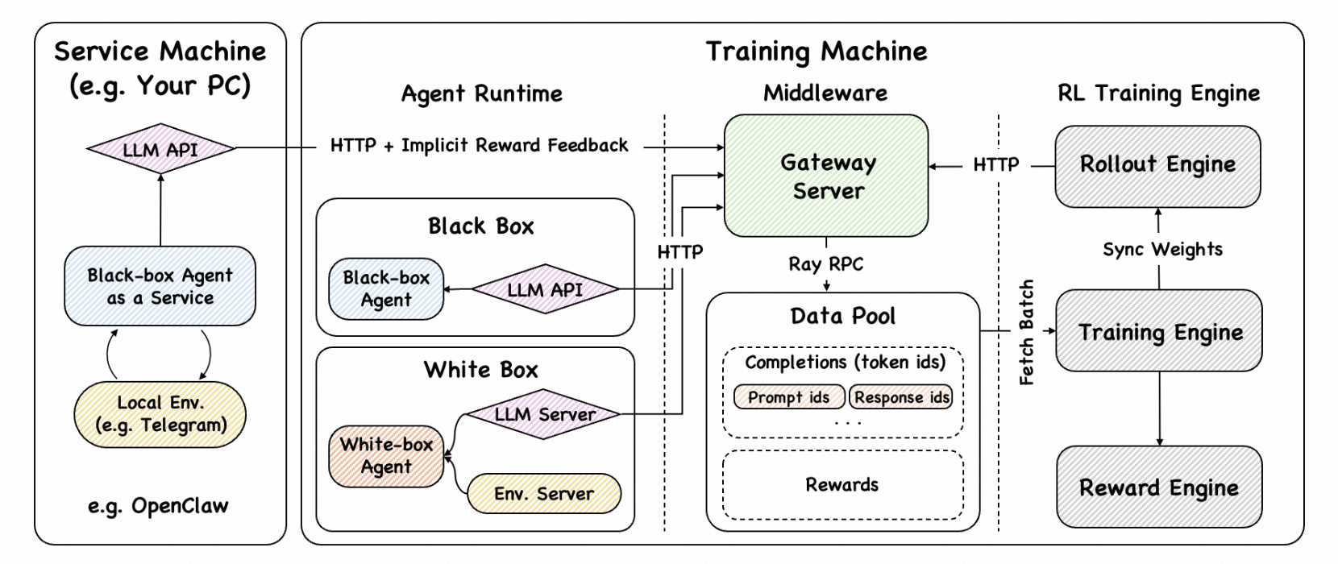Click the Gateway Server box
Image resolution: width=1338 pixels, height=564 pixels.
point(826,176)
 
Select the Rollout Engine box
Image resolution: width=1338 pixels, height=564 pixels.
point(1157,166)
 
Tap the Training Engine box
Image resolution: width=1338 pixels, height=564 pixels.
point(1159,331)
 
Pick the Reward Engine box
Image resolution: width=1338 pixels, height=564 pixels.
point(1159,487)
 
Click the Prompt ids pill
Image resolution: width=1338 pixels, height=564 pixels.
point(788,397)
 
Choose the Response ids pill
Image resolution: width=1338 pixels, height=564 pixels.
point(901,397)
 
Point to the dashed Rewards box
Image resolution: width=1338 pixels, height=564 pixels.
point(842,484)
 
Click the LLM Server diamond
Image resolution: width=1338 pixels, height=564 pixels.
point(544,414)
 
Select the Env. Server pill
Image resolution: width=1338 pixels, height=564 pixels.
point(544,493)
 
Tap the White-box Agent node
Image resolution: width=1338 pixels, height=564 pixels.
point(386,456)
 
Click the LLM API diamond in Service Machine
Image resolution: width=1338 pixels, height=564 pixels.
point(160,149)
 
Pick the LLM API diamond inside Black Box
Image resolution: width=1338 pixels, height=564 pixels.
point(544,289)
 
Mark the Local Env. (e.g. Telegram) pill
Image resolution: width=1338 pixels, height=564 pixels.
point(160,413)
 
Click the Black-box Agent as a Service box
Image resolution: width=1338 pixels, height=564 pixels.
point(160,286)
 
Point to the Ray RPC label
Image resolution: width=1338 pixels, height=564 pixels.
point(825,264)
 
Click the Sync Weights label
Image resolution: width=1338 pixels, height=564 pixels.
point(1161,250)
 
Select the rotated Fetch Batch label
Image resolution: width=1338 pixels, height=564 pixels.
point(1026,332)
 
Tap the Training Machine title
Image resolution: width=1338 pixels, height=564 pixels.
point(817,52)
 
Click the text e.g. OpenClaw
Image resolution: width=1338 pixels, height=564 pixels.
point(158,506)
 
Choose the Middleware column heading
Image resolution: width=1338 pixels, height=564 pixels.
point(825,93)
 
